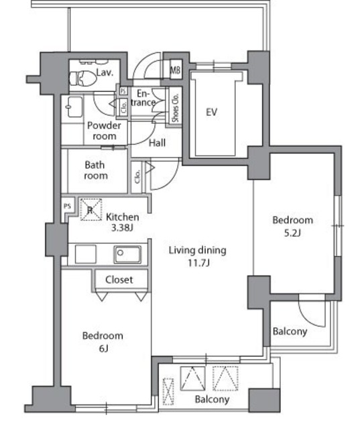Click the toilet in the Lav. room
pos(83,78)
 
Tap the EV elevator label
pos(211,112)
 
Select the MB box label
pos(176,70)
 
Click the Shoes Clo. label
pos(175,108)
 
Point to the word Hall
pos(157,143)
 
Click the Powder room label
pos(104,131)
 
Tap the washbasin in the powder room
pos(74,107)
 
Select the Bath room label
pos(95,170)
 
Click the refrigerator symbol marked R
pos(91,210)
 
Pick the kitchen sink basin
pos(127,255)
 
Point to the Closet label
pos(119,280)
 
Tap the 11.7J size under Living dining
pos(198,263)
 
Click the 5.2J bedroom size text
pos(292,233)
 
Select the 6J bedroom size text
pos(103,349)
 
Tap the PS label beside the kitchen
pos(67,206)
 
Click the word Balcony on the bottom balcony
pos(212,400)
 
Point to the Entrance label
pos(143,98)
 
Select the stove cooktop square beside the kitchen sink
pos(86,255)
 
